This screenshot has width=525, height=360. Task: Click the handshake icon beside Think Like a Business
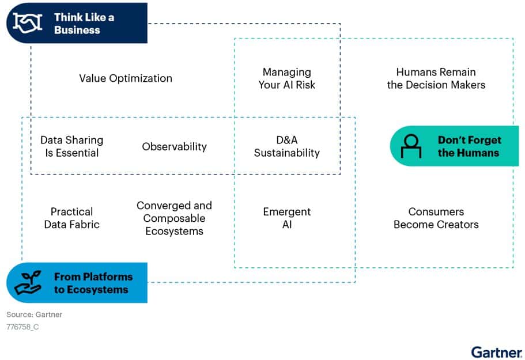28,23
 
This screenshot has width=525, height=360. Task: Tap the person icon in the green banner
411,146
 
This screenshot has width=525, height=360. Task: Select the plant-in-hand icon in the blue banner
28,282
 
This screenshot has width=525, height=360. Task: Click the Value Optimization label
126,78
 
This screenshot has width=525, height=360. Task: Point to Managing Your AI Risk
287,78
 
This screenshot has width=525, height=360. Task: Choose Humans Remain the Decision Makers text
436,78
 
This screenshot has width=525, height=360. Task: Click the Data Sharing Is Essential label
71,146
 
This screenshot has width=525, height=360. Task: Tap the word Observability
174,146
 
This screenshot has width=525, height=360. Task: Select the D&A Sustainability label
287,146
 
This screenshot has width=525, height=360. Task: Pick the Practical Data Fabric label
71,218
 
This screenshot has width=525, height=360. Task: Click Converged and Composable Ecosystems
174,218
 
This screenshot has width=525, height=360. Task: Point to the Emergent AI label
287,218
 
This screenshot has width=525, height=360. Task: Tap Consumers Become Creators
436,218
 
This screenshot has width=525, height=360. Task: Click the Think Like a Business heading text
84,24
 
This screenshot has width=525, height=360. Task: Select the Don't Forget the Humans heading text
470,146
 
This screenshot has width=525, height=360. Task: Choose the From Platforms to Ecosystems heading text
93,283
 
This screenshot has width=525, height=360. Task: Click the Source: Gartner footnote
34,314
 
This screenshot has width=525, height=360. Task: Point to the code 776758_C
22,327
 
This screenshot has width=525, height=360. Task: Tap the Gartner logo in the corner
496,353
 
